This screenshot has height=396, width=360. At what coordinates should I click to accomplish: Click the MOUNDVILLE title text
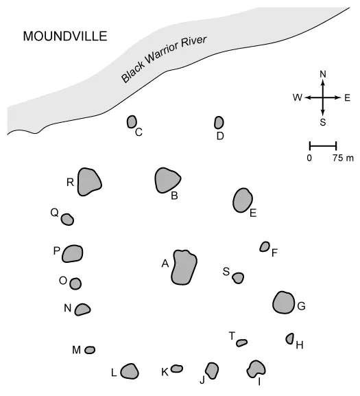tap(64, 36)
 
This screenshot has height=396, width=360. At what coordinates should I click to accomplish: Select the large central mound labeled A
tap(183, 267)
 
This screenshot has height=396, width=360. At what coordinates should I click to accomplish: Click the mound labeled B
tap(167, 180)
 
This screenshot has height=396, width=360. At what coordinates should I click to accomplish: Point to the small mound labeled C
tap(132, 122)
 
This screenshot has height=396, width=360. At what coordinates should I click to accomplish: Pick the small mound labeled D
tap(219, 122)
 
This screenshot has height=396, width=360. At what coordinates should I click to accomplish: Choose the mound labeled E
tap(243, 200)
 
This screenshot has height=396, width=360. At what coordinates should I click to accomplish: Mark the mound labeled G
tap(283, 302)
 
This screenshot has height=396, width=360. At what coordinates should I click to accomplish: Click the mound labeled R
tap(88, 182)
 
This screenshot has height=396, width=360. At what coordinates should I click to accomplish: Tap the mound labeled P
tap(73, 254)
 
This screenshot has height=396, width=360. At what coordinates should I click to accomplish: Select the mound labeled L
tap(130, 371)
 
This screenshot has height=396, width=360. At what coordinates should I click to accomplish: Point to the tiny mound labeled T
tap(241, 342)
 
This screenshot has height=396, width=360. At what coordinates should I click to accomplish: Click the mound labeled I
tap(256, 369)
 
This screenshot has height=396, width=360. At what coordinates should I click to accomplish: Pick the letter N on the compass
tap(323, 74)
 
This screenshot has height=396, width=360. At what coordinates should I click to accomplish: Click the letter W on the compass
tap(297, 98)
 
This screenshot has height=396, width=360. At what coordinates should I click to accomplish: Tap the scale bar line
tap(323, 145)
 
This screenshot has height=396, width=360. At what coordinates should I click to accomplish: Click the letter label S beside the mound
tap(226, 272)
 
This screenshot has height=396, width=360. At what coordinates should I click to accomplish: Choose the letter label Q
tap(54, 213)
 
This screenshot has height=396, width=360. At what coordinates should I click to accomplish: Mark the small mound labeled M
tap(90, 350)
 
